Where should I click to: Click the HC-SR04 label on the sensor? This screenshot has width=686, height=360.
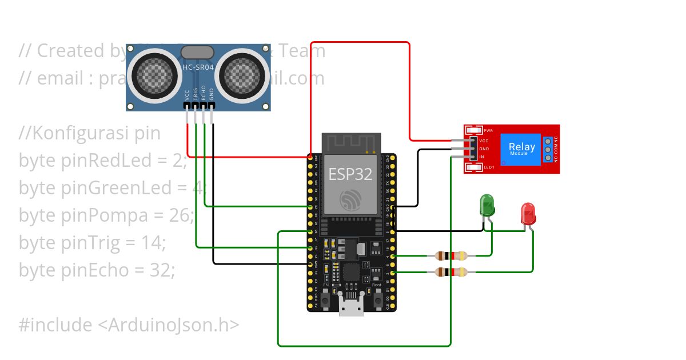click(198, 68)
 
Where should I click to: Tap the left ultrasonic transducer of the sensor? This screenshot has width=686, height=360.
click(151, 74)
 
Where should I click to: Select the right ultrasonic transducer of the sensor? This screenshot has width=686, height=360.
click(245, 74)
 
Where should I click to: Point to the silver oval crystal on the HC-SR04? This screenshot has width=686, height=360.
click(198, 53)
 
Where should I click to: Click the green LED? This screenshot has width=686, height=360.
click(487, 206)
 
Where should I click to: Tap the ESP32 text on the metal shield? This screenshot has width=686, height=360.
click(350, 174)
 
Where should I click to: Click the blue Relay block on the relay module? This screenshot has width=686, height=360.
click(521, 149)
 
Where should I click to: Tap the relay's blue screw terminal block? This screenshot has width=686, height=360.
click(548, 149)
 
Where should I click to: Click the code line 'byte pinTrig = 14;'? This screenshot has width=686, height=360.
click(92, 243)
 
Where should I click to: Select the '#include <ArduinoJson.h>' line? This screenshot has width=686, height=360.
click(129, 325)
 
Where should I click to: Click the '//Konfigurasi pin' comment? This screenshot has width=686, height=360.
click(90, 133)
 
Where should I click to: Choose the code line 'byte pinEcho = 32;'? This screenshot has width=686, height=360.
click(97, 270)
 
